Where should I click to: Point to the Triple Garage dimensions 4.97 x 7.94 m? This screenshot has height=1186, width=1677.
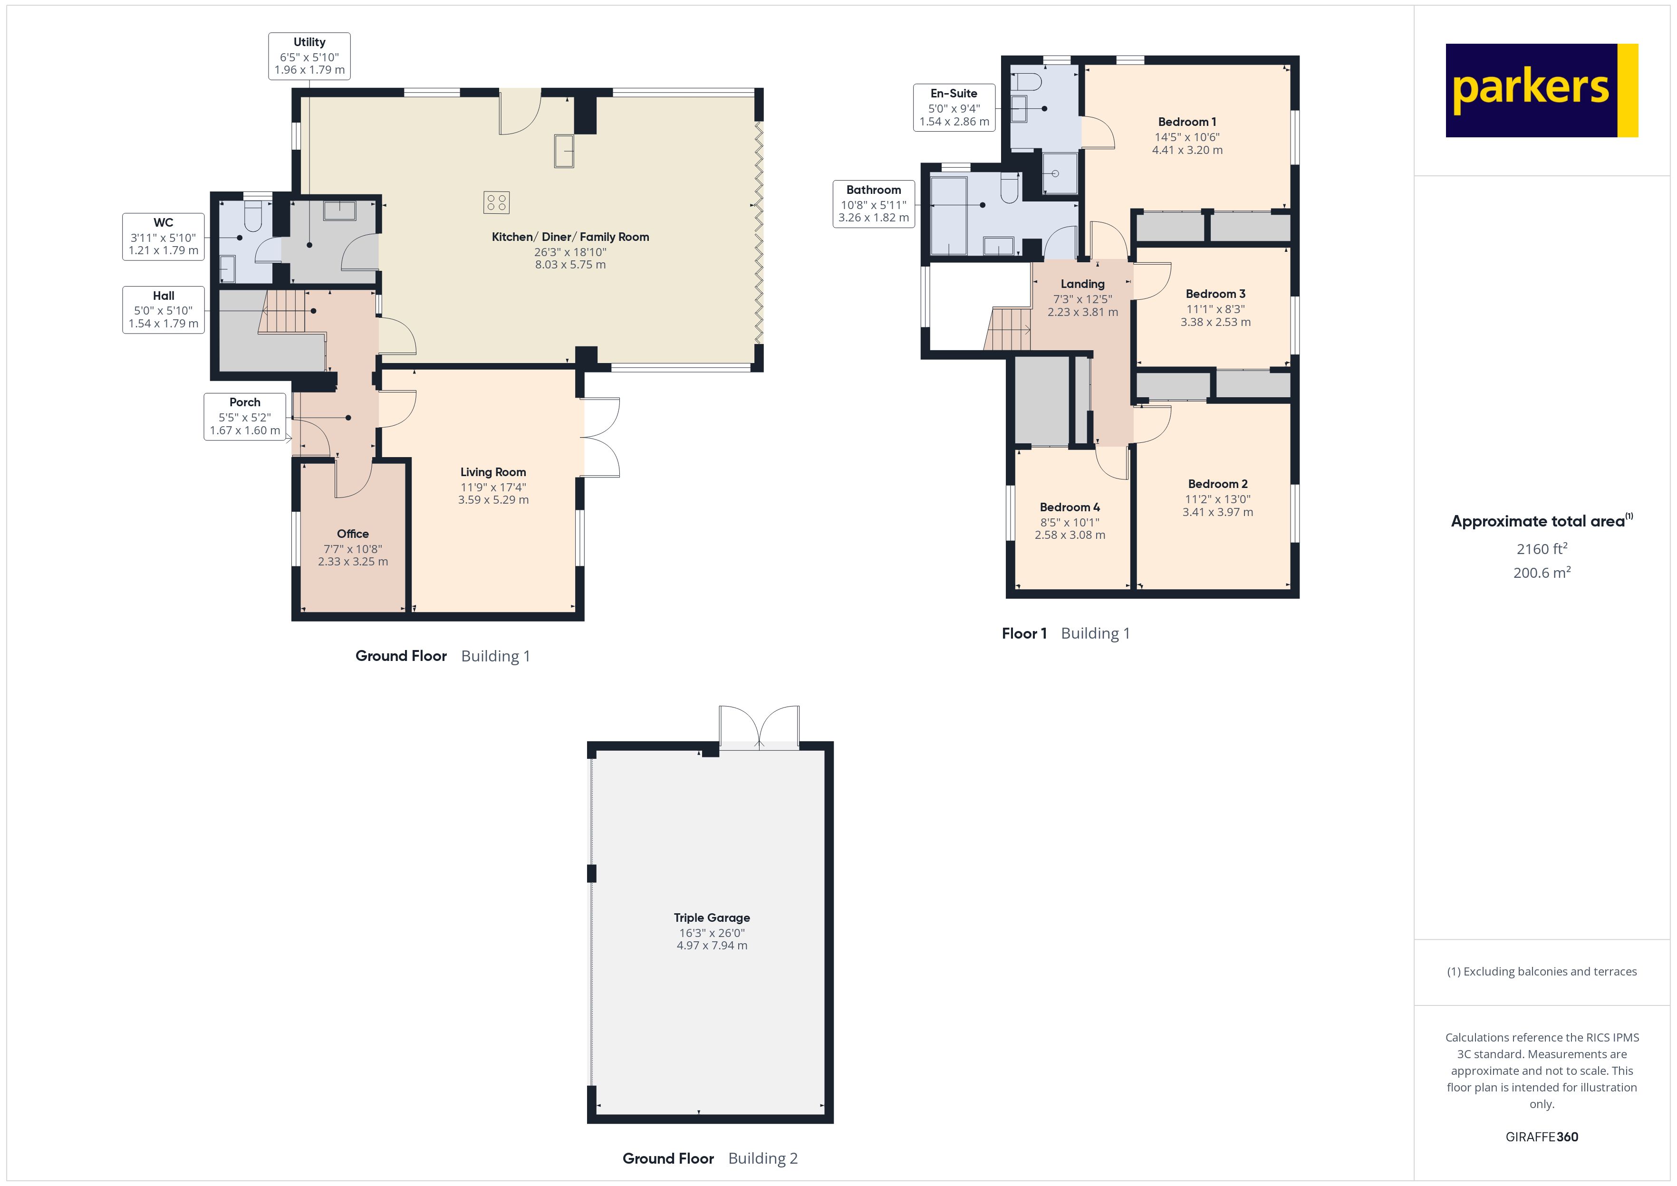point(712,945)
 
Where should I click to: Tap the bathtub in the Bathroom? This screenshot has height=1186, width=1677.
point(948,213)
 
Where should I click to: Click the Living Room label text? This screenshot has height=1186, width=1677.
point(492,472)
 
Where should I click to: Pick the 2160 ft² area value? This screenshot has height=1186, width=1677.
point(1541,548)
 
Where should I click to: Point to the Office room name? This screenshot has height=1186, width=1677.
point(352,534)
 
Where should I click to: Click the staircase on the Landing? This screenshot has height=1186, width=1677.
point(1008,329)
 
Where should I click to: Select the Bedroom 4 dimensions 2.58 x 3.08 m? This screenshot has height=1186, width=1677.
point(1070,535)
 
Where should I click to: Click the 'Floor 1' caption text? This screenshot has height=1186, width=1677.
point(1023,633)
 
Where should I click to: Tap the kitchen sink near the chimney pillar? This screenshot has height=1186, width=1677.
point(563,151)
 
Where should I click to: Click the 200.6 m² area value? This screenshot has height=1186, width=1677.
point(1541,573)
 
